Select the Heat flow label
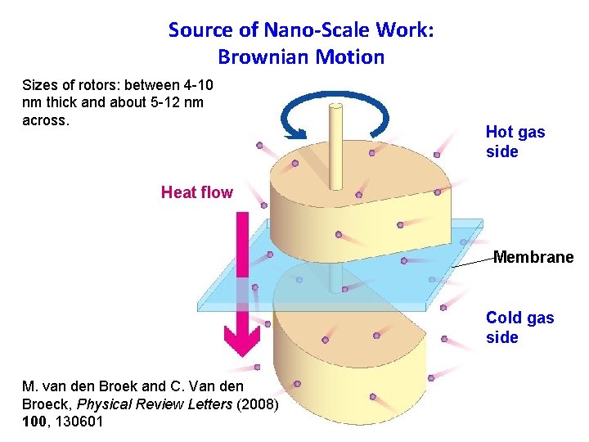click(x=196, y=193)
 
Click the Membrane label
click(x=533, y=257)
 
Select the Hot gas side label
click(x=515, y=142)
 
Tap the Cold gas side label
click(x=519, y=327)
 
